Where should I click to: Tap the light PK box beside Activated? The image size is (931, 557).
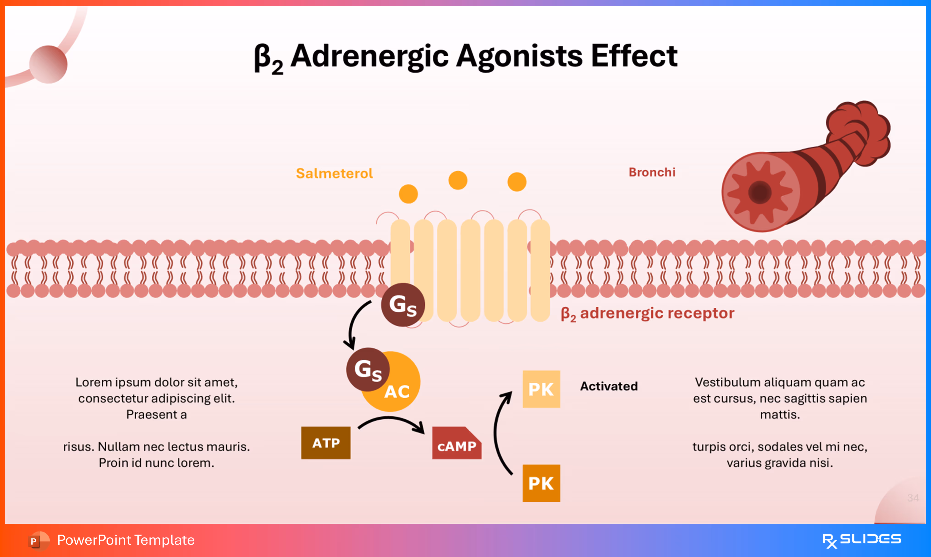click(x=541, y=389)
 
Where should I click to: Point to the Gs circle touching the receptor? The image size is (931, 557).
click(x=403, y=304)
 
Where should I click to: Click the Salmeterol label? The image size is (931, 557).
click(x=334, y=173)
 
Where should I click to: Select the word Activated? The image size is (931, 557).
click(x=609, y=386)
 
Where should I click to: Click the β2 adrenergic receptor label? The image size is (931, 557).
click(x=647, y=313)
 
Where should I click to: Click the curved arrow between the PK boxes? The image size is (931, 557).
click(x=497, y=432)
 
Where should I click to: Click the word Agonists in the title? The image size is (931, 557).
click(x=519, y=56)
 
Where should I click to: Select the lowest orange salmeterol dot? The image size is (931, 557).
click(x=408, y=194)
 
